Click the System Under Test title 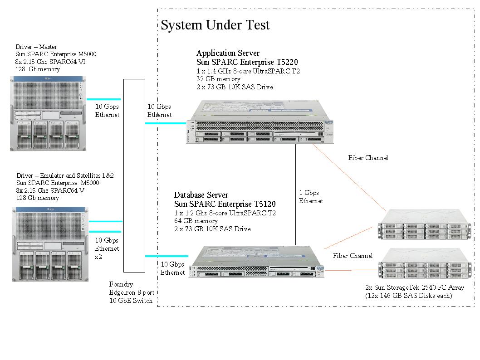coord(215,25)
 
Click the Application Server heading coord(228,53)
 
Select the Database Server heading coord(201,195)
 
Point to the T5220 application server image coord(260,122)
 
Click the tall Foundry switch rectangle coord(134,175)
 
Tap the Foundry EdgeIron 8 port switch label coord(131,292)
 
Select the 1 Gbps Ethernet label coord(311,197)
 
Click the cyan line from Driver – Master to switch coord(104,99)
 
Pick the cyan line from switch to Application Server coord(166,123)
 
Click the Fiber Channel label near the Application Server coord(368,158)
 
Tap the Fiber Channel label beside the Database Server coord(353,256)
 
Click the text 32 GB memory coord(218,79)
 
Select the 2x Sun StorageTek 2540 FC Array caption coord(414,287)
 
